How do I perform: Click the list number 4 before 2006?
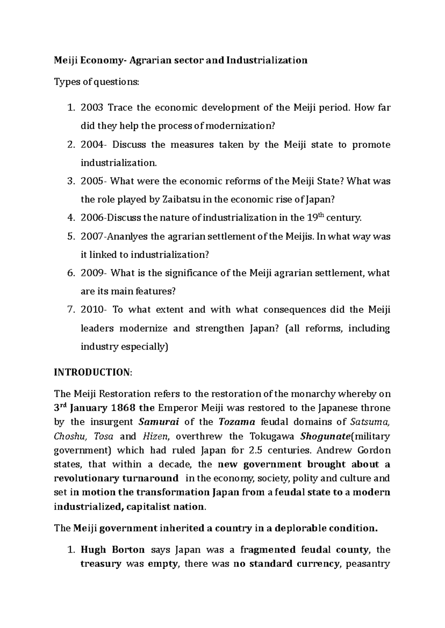coord(71,218)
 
